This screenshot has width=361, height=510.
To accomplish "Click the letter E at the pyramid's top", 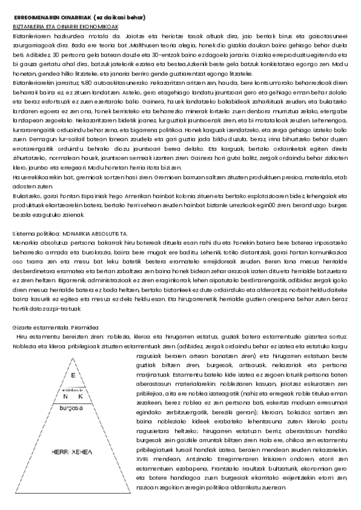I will point(73,376).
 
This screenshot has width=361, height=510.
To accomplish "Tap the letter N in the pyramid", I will point(64,396).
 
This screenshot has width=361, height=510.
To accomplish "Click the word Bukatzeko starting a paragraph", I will point(25,196).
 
